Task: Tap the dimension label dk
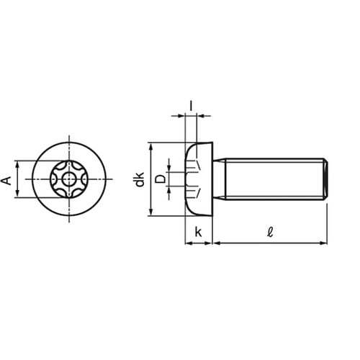click(140, 179)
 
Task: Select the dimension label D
click(160, 179)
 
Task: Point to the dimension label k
click(199, 233)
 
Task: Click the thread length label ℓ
click(270, 232)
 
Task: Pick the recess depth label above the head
click(191, 106)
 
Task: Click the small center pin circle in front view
click(69, 179)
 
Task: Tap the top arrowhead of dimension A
click(17, 165)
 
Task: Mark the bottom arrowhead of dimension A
click(17, 194)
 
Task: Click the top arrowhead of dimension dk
click(150, 147)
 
